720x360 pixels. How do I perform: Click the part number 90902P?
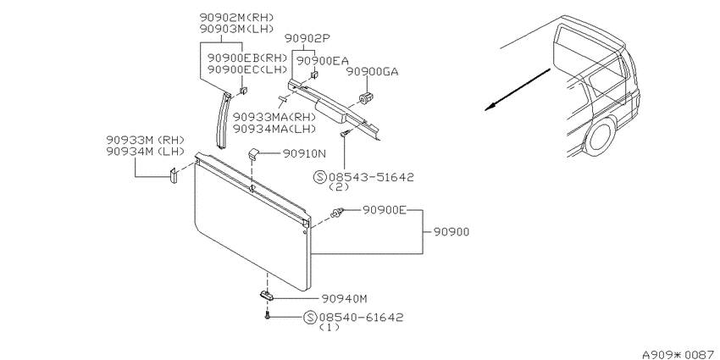[307, 38]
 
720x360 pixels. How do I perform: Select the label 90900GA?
[372, 72]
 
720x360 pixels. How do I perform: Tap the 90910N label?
[304, 154]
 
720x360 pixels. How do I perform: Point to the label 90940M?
[345, 299]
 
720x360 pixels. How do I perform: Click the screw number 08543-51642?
[370, 177]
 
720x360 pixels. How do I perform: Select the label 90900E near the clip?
[385, 210]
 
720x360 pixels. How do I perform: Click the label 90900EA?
[323, 61]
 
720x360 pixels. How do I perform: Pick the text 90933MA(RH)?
[274, 118]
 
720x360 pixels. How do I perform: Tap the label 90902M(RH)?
[236, 18]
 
